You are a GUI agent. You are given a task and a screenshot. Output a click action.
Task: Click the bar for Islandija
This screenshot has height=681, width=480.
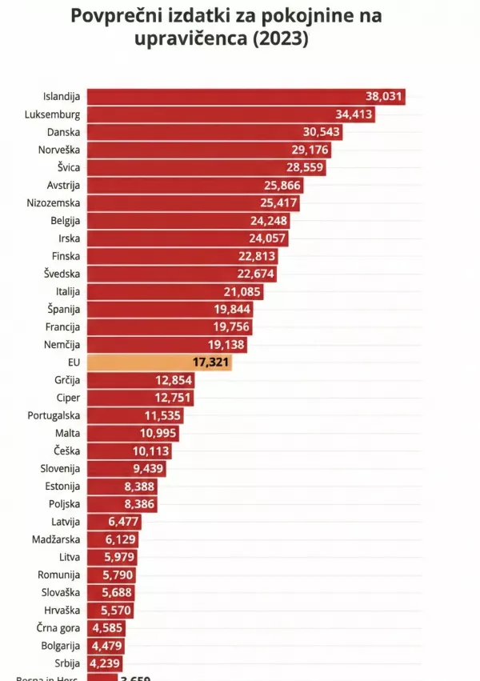[x=240, y=97]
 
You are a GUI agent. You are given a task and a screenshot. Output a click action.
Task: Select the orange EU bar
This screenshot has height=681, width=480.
[x=160, y=362]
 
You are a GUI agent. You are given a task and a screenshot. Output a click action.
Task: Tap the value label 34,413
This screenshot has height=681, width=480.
[x=352, y=114]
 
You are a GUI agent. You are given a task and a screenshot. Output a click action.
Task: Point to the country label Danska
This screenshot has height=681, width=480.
[x=64, y=132]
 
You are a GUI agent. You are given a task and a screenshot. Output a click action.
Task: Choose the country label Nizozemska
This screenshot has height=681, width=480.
[x=54, y=202]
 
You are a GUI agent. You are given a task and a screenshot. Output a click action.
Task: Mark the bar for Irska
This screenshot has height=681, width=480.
[x=184, y=238]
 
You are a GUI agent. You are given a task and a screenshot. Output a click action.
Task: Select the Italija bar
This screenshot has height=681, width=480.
[x=172, y=291]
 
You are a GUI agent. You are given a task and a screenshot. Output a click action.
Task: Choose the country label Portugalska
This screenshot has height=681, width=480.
[x=54, y=415]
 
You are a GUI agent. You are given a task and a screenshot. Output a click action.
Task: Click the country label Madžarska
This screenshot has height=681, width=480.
[x=56, y=539]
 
